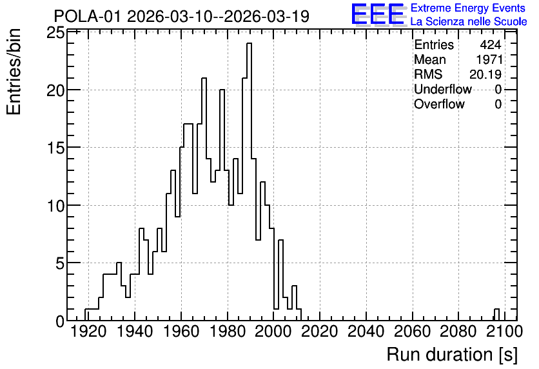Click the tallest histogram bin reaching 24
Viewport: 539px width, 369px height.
pos(250,181)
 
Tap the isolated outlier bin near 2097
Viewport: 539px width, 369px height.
pos(496,315)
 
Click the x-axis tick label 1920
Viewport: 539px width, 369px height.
pos(88,332)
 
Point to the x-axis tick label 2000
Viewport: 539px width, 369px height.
pos(273,332)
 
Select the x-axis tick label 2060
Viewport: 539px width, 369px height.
pos(412,332)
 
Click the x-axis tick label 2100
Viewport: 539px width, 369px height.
pos(505,332)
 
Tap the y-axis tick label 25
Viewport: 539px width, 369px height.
pos(55,34)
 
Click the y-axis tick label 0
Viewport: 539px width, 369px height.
pos(60,321)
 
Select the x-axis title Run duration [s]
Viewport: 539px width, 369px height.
pos(452,355)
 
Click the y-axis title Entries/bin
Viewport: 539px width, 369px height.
pos(14,72)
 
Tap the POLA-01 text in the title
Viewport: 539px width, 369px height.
pos(88,16)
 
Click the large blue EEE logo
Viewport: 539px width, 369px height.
pos(378,15)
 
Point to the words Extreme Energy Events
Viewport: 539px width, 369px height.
pos(468,8)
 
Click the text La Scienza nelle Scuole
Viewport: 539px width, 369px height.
pos(469,22)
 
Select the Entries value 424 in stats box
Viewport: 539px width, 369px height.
pos(491,45)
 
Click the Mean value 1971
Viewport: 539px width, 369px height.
pos(489,59)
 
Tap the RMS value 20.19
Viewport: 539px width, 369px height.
pos(485,74)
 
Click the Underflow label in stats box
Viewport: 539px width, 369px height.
pos(443,89)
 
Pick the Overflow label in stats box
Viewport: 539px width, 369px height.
pos(439,104)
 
